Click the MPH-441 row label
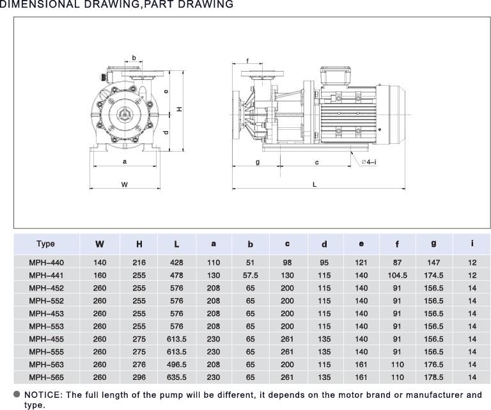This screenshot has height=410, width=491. coord(46,275)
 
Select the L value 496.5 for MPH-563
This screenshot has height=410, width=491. coord(176,365)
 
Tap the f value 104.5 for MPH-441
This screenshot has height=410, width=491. coord(398,275)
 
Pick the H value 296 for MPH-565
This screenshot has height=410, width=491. coord(139,377)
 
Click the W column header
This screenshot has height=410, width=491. coord(100,244)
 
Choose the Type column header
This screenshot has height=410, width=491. coord(46,244)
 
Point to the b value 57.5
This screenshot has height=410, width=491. coord(251,275)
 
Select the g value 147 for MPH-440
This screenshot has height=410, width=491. coord(433,262)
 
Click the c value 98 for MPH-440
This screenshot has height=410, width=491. coord(287,262)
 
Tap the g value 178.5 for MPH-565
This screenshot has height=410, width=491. coord(433,377)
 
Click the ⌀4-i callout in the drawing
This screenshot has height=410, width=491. coord(369,162)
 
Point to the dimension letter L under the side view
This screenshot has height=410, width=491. coord(315,184)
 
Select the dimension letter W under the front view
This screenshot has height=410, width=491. coord(124,184)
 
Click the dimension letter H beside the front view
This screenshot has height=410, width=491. coord(179,109)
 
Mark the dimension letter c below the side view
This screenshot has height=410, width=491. coord(317,162)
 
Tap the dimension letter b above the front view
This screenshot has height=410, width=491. coord(134,58)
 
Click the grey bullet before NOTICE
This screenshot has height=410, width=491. coord(17,395)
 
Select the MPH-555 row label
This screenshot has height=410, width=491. coord(46,352)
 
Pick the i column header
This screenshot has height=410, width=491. coord(472,243)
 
